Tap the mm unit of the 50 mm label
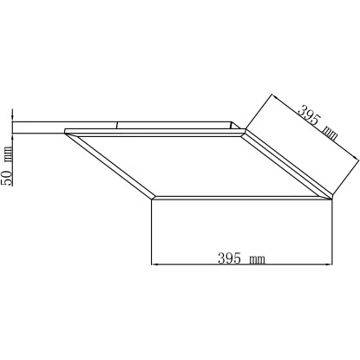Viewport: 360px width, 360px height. tap(8, 155)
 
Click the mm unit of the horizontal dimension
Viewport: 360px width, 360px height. tap(257, 259)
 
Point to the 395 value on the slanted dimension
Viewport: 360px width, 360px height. tap(308, 114)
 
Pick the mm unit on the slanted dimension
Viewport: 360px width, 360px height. tap(329, 133)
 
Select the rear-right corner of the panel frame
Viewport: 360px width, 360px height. tap(246, 132)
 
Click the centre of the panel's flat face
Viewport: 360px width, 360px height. tap(199, 164)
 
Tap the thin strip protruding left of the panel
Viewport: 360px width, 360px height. tap(39, 128)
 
